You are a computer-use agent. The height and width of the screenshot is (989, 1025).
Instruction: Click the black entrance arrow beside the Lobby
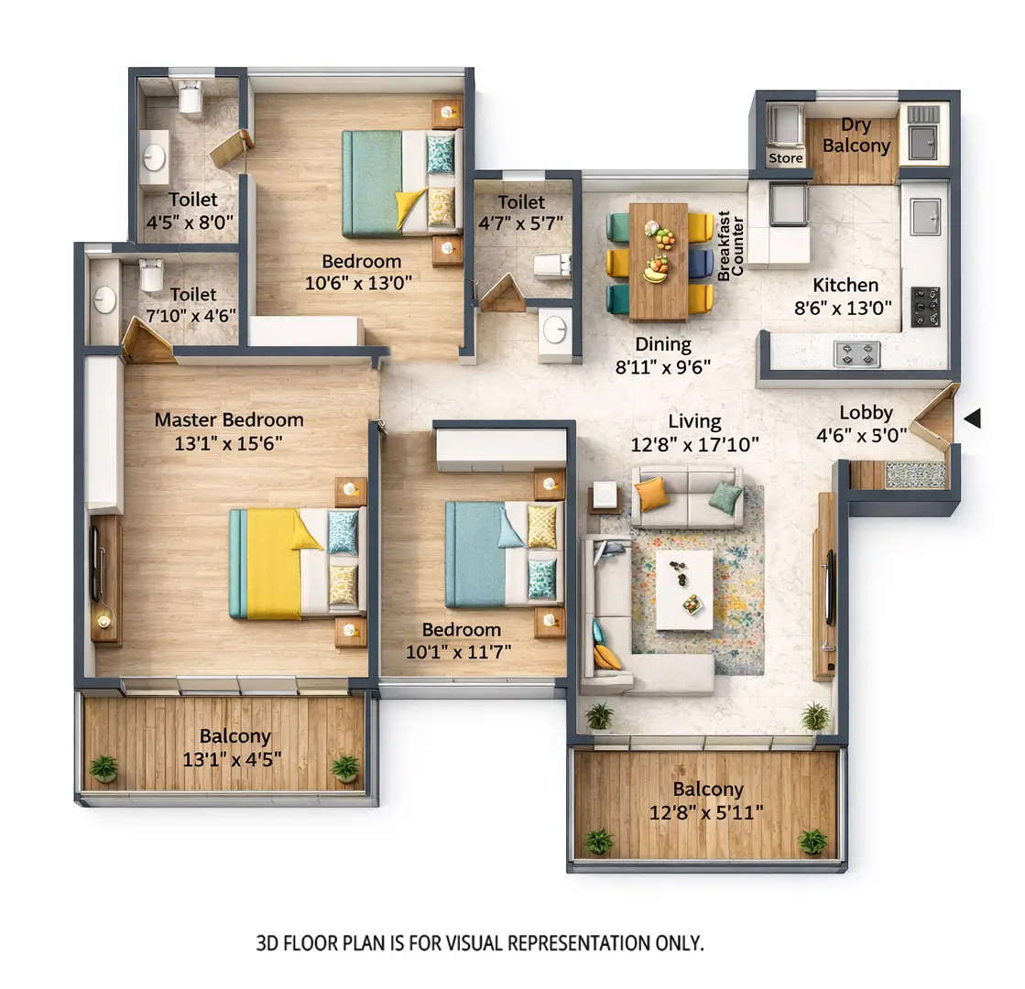click(972, 418)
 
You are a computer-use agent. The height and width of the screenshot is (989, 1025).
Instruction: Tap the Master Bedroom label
click(228, 420)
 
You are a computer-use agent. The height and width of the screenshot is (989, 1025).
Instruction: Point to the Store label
click(785, 158)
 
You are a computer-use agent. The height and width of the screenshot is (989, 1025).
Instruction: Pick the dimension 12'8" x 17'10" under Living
click(694, 446)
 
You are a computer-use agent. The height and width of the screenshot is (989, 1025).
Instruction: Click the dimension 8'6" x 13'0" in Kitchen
click(843, 309)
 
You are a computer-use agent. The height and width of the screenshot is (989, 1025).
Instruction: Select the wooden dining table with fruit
click(658, 261)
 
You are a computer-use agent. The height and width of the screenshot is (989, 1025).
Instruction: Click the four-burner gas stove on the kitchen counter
click(856, 353)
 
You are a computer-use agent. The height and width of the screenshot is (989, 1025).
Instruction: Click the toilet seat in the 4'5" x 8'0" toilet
click(190, 96)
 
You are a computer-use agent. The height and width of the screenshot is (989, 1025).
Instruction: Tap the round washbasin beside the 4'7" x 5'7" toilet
click(554, 331)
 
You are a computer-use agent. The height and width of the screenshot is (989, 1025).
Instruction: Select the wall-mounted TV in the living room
click(830, 587)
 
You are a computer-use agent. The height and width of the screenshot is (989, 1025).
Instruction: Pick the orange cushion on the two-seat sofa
click(651, 494)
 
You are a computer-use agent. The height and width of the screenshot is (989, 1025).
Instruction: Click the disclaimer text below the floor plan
click(480, 942)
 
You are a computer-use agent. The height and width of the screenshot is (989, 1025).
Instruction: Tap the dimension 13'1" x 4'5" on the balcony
click(234, 758)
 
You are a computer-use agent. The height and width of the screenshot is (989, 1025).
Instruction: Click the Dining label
click(664, 344)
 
